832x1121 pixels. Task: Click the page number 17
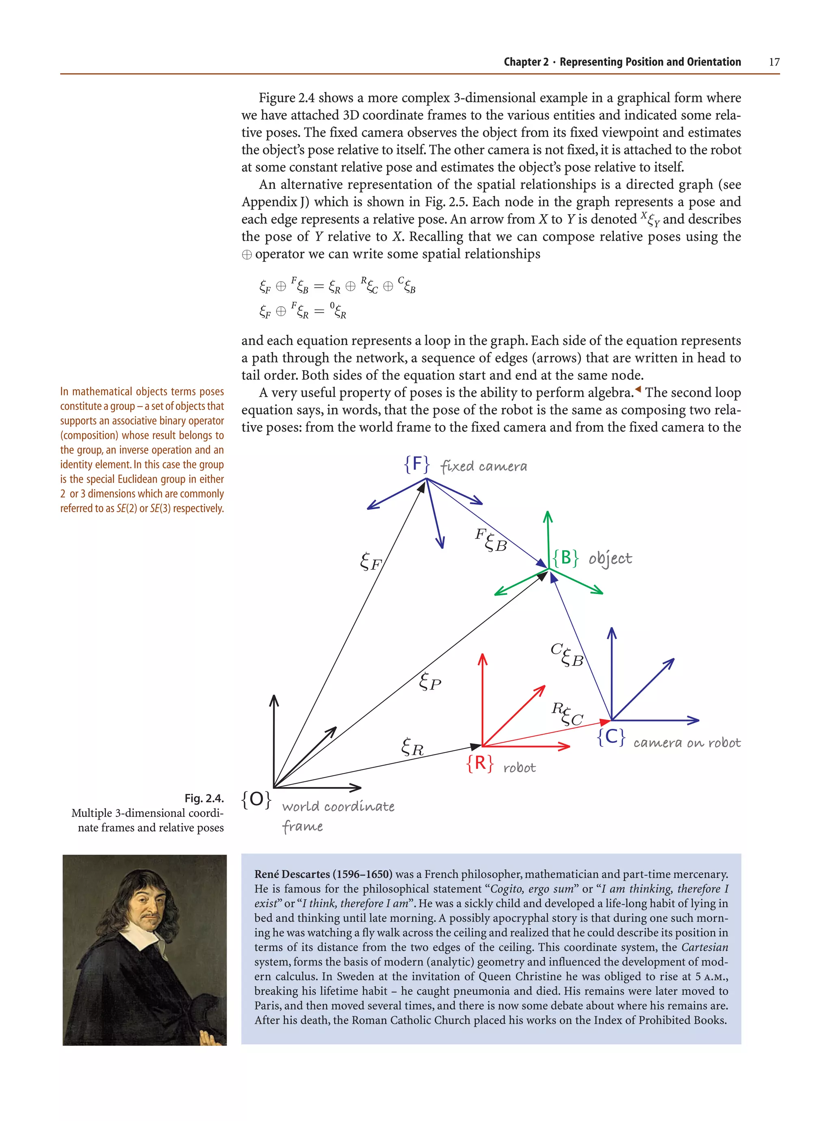pyautogui.click(x=773, y=62)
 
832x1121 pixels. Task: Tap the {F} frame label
pyautogui.click(x=416, y=464)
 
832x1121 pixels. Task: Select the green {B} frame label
pyautogui.click(x=565, y=557)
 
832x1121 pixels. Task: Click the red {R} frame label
pyautogui.click(x=479, y=763)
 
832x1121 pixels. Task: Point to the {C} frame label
pyautogui.click(x=611, y=737)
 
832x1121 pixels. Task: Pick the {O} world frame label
pyautogui.click(x=256, y=799)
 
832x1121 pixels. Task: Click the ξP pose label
pyautogui.click(x=429, y=682)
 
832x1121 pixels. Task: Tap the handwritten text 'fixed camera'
pyautogui.click(x=483, y=466)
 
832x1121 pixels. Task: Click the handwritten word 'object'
pyautogui.click(x=610, y=559)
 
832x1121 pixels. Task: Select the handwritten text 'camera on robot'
pyautogui.click(x=687, y=743)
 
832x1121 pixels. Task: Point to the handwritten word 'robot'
pyautogui.click(x=519, y=768)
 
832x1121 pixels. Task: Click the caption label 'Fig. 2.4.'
pyautogui.click(x=204, y=798)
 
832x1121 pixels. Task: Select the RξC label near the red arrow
pyautogui.click(x=567, y=715)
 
